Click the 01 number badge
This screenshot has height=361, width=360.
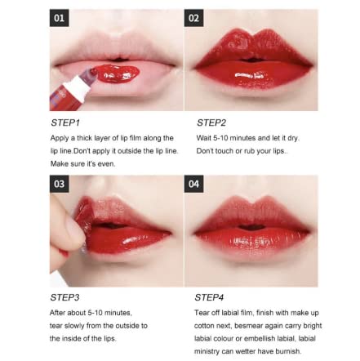click(x=59, y=18)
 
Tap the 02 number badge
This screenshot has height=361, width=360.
click(x=193, y=18)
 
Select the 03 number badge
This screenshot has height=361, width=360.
click(x=59, y=184)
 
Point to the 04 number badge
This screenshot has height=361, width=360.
click(x=193, y=184)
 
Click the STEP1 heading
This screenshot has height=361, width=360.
click(x=65, y=123)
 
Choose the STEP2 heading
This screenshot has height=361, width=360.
click(x=211, y=123)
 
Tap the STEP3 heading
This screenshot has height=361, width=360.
click(x=64, y=297)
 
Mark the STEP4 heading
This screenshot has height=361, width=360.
click(x=209, y=297)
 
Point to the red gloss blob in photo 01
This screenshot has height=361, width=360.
click(x=118, y=74)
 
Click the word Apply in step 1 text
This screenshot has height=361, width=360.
click(x=60, y=138)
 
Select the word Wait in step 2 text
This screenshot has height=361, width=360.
click(x=203, y=138)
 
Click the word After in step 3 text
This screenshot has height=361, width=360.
click(x=57, y=313)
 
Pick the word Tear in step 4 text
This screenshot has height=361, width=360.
click(x=202, y=313)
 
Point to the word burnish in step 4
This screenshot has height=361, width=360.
click(x=288, y=351)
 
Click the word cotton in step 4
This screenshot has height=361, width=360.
click(x=203, y=326)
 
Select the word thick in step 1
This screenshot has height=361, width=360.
click(x=85, y=138)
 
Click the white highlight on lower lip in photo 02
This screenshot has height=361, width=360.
click(x=250, y=75)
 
